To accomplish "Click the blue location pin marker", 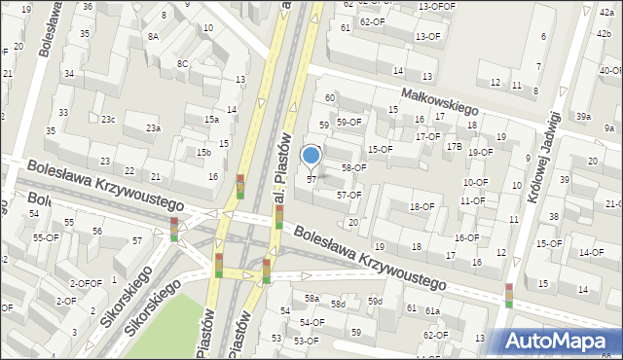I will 311,156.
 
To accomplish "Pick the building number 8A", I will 153,36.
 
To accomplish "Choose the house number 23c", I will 108,120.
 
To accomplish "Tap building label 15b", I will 203,153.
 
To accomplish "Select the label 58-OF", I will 352,167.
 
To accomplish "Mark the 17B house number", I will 454,146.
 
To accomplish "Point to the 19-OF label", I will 480,152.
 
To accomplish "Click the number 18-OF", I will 421,206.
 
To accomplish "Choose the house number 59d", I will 375,302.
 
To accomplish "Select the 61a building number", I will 431,310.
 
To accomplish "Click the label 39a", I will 582,116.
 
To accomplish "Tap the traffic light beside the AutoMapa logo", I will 508,295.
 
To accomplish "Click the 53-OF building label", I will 306,341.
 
